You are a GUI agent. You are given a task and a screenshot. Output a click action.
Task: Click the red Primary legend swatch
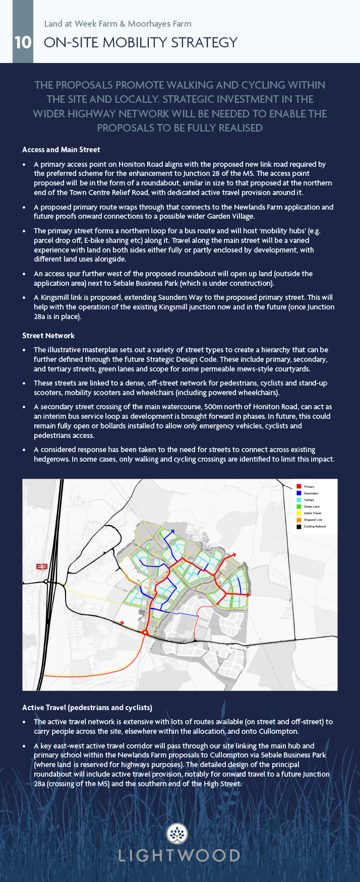tap(298, 486)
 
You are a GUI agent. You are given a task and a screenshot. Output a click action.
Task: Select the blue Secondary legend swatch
tap(298, 493)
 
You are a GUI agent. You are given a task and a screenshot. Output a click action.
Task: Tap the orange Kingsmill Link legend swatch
tap(298, 520)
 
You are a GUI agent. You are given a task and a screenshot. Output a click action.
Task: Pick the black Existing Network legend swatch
tap(298, 526)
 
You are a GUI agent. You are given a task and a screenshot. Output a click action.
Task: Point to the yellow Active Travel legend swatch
tap(298, 513)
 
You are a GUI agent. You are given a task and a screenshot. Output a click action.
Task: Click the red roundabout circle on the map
tap(145, 632)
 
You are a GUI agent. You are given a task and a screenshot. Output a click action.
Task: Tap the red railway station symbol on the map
tap(42, 566)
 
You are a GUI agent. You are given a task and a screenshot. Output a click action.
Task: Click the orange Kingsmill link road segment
tap(128, 578)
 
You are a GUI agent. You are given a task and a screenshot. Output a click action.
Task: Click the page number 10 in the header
tap(23, 42)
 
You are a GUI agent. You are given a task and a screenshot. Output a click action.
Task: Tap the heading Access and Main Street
tap(61, 150)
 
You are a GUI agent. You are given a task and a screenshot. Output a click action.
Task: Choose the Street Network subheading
tap(48, 336)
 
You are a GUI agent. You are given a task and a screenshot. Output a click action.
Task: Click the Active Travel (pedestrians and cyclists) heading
tap(87, 708)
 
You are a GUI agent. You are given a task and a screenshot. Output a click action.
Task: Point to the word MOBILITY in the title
tap(135, 42)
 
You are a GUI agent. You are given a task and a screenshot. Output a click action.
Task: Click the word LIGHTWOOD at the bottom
tap(179, 856)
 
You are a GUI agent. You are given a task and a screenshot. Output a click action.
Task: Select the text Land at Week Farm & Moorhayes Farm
tap(117, 24)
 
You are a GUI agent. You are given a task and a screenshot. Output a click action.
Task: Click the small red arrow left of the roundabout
tap(122, 623)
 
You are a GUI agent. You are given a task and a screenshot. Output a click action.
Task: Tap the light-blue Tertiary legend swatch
tap(298, 499)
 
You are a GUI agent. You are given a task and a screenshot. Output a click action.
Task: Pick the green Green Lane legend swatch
tap(298, 506)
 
